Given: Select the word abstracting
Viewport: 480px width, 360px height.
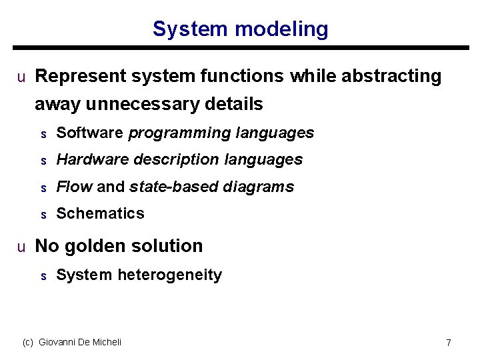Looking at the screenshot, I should point(391,77).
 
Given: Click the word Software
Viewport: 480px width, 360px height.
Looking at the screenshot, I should point(90,133).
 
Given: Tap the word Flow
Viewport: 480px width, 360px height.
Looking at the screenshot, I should point(74,187).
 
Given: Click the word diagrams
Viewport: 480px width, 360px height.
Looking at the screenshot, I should point(259,187).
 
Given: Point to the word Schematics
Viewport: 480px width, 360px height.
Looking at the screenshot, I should point(100,213).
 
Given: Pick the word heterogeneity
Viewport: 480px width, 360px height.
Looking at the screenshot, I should point(169,275).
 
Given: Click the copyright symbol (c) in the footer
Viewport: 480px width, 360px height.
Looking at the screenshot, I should point(28,342).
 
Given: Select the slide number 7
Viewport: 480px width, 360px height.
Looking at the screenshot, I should point(449,343).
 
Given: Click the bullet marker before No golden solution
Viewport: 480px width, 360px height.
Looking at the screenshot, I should point(21,247).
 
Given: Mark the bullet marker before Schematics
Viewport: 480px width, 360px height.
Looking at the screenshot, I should point(43,215).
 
